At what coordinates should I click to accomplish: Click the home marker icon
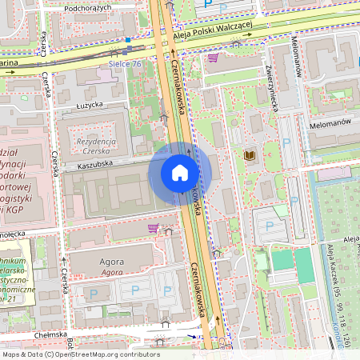coord(180,173)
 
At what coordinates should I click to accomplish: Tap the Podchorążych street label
coord(89,7)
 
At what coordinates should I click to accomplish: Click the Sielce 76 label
coord(125,64)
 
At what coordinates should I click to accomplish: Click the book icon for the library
coord(250,155)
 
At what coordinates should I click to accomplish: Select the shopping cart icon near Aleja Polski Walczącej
coord(213,58)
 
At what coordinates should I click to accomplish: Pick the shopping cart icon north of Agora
coord(153,228)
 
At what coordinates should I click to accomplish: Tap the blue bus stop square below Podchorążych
coord(127,38)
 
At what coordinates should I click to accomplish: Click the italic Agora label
coord(112,272)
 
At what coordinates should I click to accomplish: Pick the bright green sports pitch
coord(282,260)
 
